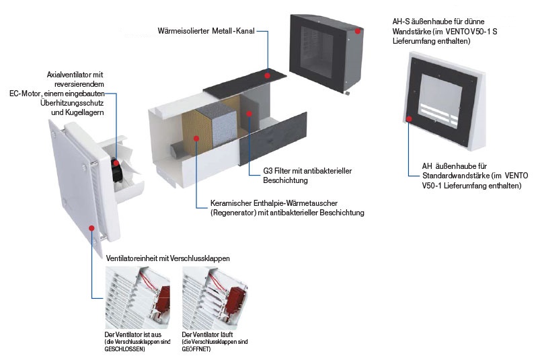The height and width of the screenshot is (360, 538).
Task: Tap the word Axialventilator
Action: (x=73, y=74)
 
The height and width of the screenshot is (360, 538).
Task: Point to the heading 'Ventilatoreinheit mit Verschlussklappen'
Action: (x=168, y=258)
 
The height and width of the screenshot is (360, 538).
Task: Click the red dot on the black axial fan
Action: (x=116, y=162)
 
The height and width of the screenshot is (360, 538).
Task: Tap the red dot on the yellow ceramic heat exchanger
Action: (x=196, y=139)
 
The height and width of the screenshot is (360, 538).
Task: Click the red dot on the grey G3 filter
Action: (x=249, y=114)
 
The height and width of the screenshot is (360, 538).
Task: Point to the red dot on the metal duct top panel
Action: (x=268, y=75)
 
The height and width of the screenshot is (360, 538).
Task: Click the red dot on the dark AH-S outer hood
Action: (x=358, y=32)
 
